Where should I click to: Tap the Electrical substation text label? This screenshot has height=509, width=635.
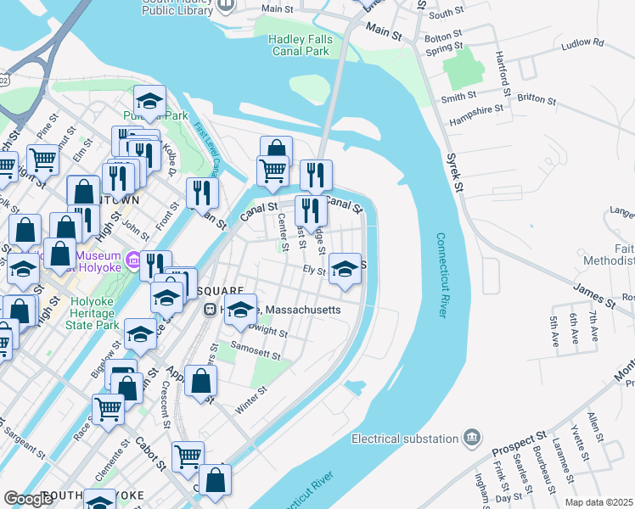[x=404, y=439]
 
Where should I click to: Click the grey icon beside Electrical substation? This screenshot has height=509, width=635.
[x=472, y=438]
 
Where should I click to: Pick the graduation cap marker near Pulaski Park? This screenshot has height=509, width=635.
[x=149, y=101]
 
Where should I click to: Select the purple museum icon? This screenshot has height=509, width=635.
[x=132, y=258]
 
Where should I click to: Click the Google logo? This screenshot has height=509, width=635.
[x=28, y=499]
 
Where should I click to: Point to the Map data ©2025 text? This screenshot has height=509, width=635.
[x=598, y=502]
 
